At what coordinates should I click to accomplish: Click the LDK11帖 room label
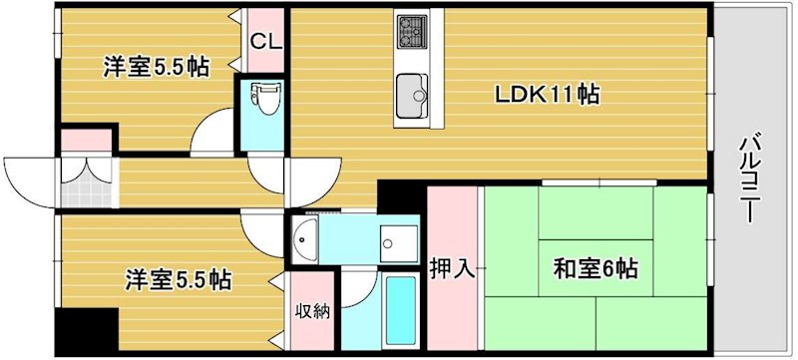(548, 95)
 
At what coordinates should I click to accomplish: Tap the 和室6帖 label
(596, 268)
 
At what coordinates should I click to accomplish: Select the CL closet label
(264, 42)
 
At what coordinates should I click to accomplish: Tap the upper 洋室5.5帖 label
(157, 67)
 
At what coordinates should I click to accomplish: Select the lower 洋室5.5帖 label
(177, 280)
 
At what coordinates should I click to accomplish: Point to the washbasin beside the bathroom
(305, 238)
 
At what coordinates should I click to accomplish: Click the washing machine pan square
(402, 238)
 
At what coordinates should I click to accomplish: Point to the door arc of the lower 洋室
(265, 235)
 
